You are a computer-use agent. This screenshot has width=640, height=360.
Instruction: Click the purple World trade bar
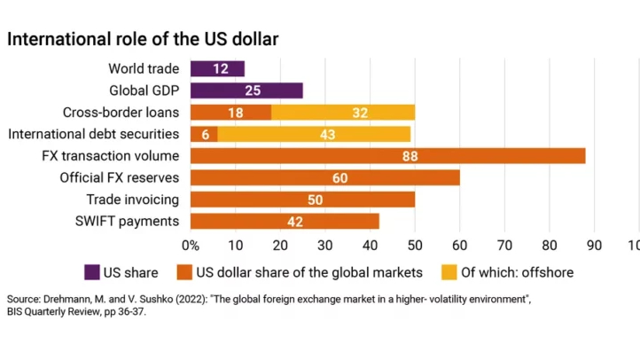[216, 68]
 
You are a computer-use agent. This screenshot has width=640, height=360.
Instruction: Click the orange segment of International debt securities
[203, 134]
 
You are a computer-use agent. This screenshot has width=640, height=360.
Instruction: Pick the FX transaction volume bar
[387, 156]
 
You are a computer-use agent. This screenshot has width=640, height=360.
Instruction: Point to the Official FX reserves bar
[324, 177]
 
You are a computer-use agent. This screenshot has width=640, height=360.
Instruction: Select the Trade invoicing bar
[302, 200]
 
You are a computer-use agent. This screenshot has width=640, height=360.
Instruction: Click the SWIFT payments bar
[284, 221]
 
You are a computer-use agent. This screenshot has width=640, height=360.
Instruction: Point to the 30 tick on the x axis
[324, 244]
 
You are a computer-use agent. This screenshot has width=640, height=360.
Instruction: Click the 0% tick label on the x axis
[190, 244]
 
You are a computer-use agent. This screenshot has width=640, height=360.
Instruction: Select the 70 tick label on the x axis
[505, 244]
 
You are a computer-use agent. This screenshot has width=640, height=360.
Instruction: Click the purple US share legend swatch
[91, 272]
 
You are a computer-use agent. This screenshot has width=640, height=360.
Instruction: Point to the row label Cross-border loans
[121, 112]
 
